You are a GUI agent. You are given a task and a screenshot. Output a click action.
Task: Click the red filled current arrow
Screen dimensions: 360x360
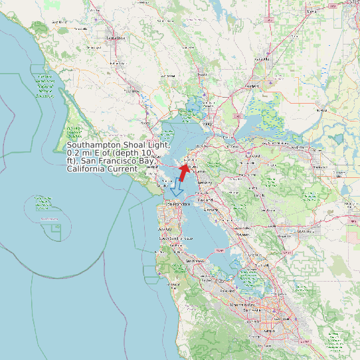(183, 171)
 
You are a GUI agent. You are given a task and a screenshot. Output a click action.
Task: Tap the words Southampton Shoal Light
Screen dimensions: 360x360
(118, 145)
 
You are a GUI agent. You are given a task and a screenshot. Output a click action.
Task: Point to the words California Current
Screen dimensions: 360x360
(102, 169)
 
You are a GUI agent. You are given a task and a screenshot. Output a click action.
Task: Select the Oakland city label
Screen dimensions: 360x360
(205, 199)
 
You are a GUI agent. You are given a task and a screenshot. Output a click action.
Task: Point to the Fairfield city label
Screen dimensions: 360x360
(251, 86)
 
